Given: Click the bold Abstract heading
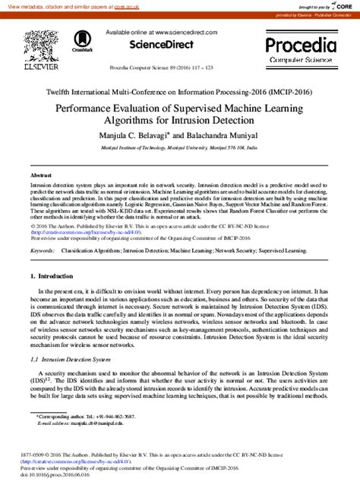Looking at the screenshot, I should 41,175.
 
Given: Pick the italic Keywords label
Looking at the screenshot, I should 41,228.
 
